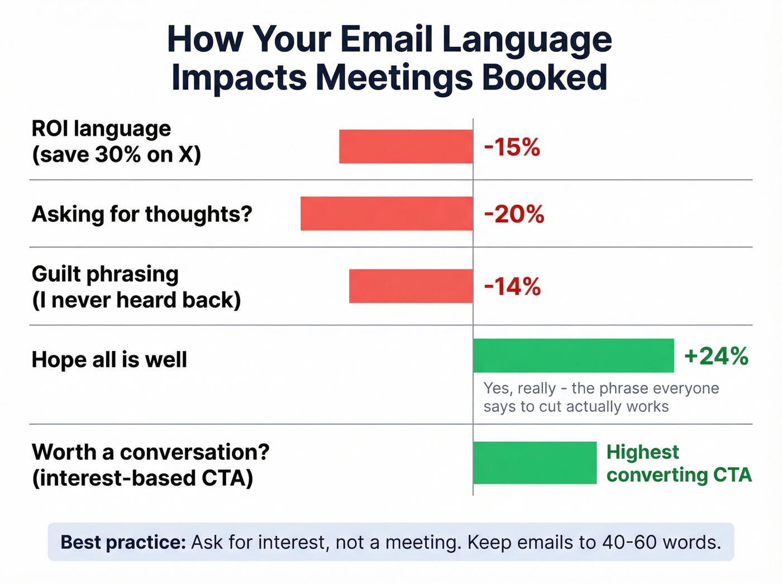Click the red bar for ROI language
406,146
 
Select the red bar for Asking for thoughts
387,213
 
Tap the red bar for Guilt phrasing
411,286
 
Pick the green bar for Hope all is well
573,355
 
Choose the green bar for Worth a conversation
535,463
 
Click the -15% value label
512,148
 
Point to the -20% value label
514,215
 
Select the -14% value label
512,287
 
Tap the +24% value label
716,356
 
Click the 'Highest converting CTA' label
679,463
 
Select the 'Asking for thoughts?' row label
142,214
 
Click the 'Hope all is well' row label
109,359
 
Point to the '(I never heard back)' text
136,300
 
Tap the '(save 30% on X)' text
116,155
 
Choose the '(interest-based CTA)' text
142,478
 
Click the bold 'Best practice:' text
123,542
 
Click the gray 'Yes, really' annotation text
519,388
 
